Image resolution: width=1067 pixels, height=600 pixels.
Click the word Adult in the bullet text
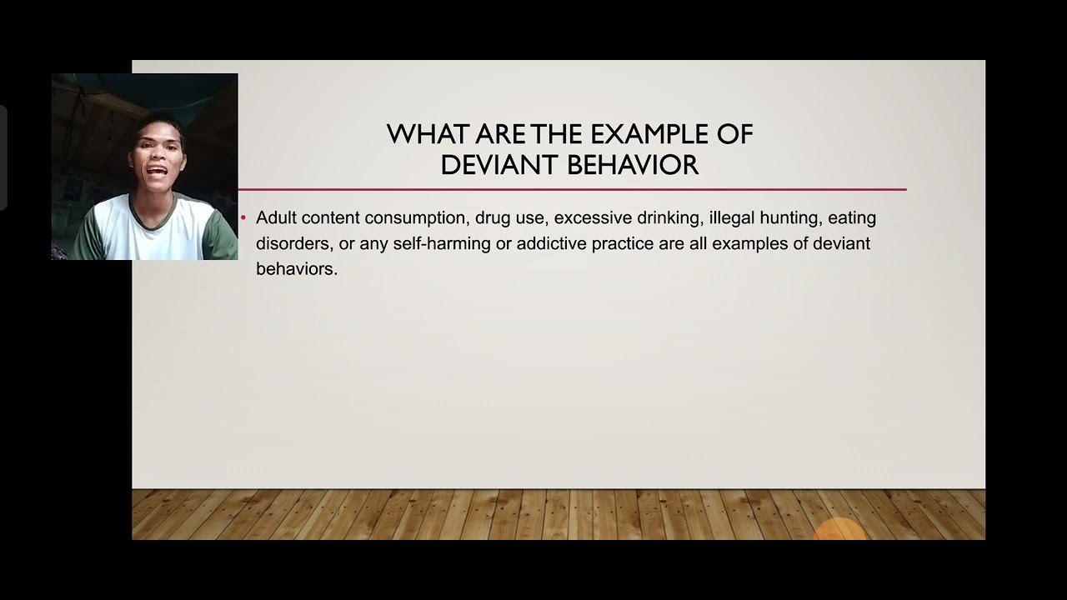click(x=276, y=217)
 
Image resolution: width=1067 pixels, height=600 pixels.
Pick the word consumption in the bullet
click(x=415, y=218)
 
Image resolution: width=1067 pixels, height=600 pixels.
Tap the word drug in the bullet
click(x=491, y=218)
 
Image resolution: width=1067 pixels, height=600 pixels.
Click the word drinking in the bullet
click(x=665, y=218)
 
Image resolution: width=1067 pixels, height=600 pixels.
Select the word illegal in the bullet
click(x=731, y=218)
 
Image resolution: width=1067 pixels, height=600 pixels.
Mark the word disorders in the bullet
click(x=293, y=243)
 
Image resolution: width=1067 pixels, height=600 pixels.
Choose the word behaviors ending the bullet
click(x=295, y=269)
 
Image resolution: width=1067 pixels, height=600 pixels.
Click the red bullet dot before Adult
click(x=243, y=218)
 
